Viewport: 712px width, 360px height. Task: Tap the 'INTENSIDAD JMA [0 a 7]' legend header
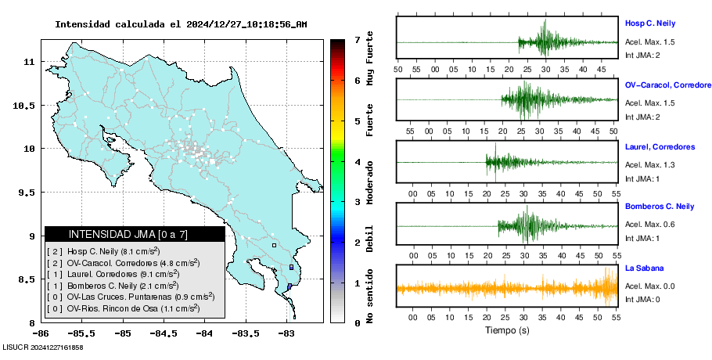[135, 234]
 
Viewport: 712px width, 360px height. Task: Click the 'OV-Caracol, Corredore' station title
[667, 85]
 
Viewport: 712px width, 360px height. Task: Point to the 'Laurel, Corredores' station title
[660, 146]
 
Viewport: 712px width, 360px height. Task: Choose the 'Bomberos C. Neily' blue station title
[660, 206]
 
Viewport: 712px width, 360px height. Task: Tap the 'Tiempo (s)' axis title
[507, 330]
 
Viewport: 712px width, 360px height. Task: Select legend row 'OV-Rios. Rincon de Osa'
[122, 308]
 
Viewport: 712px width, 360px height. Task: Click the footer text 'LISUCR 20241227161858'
[43, 347]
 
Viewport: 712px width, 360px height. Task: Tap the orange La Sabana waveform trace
[507, 288]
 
